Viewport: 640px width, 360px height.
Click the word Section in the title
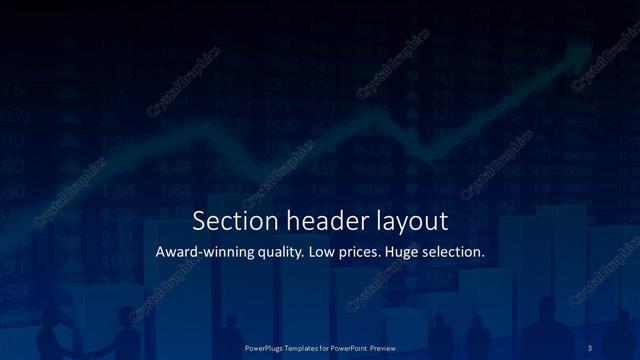tap(228, 220)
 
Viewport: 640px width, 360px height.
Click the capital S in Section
tap(198, 220)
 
